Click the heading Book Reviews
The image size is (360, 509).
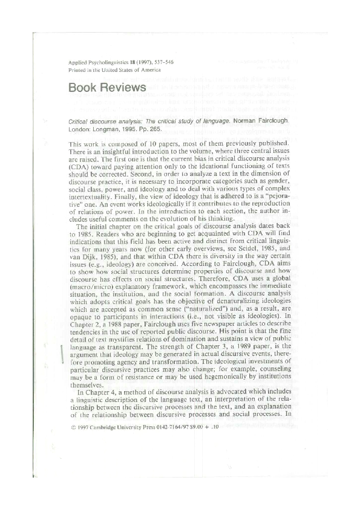[x=108, y=87]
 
